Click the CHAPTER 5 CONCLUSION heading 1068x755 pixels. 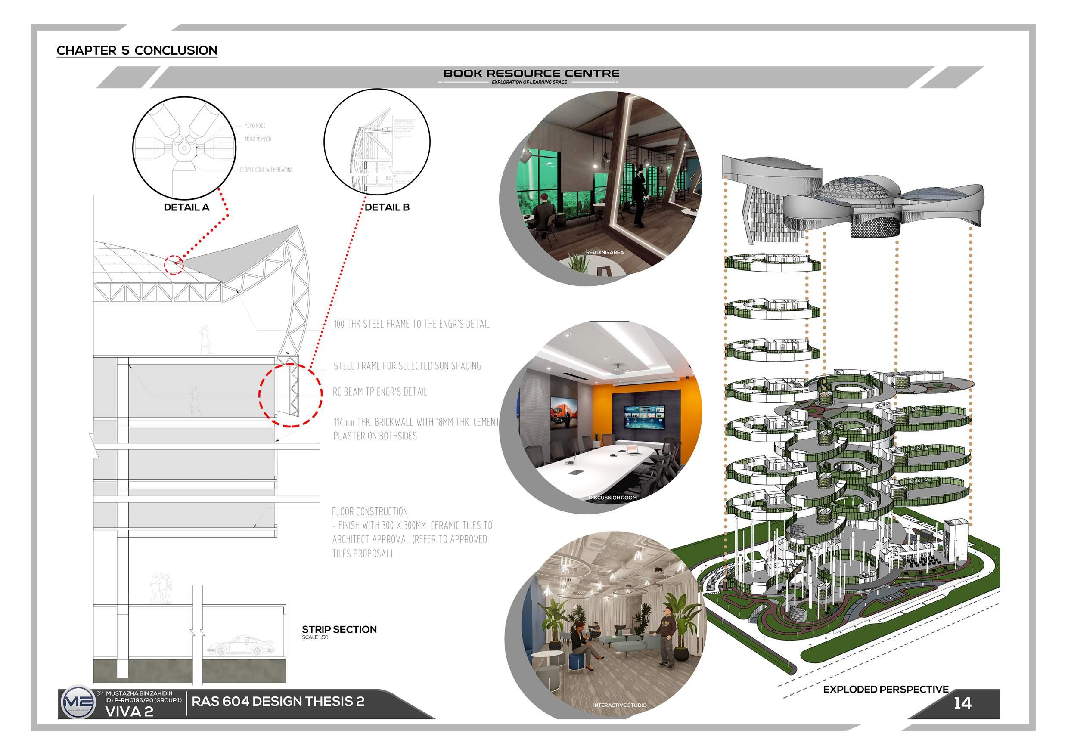(x=137, y=50)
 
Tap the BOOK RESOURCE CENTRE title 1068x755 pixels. (x=531, y=74)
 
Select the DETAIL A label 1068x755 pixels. (x=186, y=207)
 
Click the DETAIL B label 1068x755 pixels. (x=387, y=207)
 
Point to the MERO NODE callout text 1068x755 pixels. (x=255, y=126)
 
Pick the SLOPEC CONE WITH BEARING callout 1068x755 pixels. (x=266, y=170)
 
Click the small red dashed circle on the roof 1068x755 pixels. (x=174, y=265)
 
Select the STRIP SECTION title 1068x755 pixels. (x=339, y=629)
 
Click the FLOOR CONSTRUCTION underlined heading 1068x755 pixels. (x=370, y=512)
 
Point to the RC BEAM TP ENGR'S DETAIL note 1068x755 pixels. (x=380, y=392)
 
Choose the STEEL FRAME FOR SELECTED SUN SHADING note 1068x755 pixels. (x=407, y=366)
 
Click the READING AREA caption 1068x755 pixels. (x=605, y=252)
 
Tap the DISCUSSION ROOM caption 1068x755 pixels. (x=613, y=498)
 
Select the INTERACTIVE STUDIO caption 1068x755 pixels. (x=620, y=705)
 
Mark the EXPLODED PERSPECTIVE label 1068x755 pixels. (x=886, y=690)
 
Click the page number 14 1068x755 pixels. (x=962, y=703)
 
